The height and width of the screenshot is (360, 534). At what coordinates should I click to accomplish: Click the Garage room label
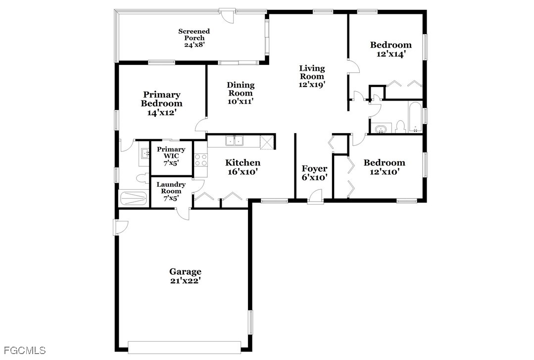click(185, 272)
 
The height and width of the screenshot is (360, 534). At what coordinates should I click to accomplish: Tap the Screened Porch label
click(194, 35)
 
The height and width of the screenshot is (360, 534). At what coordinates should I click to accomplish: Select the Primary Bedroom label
click(161, 99)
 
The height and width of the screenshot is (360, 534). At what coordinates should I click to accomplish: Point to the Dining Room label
click(241, 89)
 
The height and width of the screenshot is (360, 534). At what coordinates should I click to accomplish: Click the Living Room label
click(312, 72)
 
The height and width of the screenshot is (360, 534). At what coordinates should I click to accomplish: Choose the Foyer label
click(314, 168)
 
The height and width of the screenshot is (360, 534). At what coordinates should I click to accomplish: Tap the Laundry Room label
click(171, 188)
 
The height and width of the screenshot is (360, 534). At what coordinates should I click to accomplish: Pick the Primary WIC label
click(171, 153)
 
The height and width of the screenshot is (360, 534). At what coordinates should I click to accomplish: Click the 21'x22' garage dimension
click(185, 281)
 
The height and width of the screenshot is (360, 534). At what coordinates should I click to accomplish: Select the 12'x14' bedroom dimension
click(390, 54)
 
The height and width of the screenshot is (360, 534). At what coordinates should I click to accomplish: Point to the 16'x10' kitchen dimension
click(243, 171)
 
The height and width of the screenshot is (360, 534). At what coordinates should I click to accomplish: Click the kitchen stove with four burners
click(200, 160)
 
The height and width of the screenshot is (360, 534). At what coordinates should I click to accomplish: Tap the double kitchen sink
click(234, 141)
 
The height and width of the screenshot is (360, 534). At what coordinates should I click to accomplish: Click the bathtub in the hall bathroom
click(415, 117)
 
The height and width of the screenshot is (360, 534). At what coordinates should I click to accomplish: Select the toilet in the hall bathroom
click(400, 126)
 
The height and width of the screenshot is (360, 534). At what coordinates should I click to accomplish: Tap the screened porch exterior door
click(226, 16)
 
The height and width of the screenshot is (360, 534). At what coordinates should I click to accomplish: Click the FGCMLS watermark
click(25, 350)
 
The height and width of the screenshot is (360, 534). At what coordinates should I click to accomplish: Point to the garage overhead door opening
click(185, 346)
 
